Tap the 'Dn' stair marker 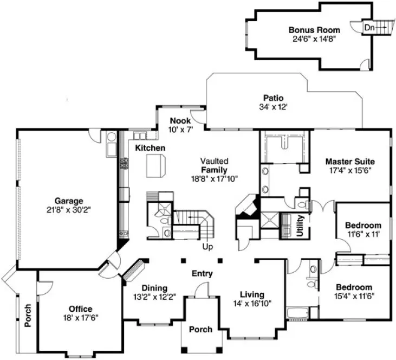(x=368, y=27)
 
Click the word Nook (x=179, y=120)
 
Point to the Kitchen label (x=150, y=147)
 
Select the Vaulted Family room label (x=215, y=170)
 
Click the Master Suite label (x=349, y=161)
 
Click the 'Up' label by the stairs (x=207, y=247)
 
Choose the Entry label (x=202, y=274)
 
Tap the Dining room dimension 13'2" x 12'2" (x=154, y=297)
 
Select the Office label (x=80, y=309)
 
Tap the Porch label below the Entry (x=200, y=329)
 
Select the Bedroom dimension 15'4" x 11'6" (x=354, y=296)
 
